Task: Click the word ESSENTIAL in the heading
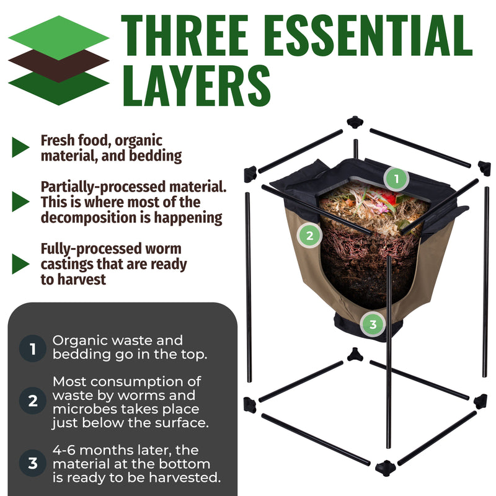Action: pyautogui.click(x=368, y=35)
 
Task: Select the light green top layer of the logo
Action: pyautogui.click(x=58, y=37)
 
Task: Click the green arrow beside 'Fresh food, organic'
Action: pyautogui.click(x=20, y=148)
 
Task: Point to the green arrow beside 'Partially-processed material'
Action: pyautogui.click(x=20, y=201)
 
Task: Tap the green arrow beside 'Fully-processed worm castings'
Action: pyautogui.click(x=20, y=264)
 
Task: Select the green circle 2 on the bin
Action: pyautogui.click(x=309, y=235)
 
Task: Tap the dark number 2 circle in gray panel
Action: pyautogui.click(x=32, y=402)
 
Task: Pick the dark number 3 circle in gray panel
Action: pyautogui.click(x=32, y=462)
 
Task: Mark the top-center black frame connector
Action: pyautogui.click(x=355, y=122)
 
